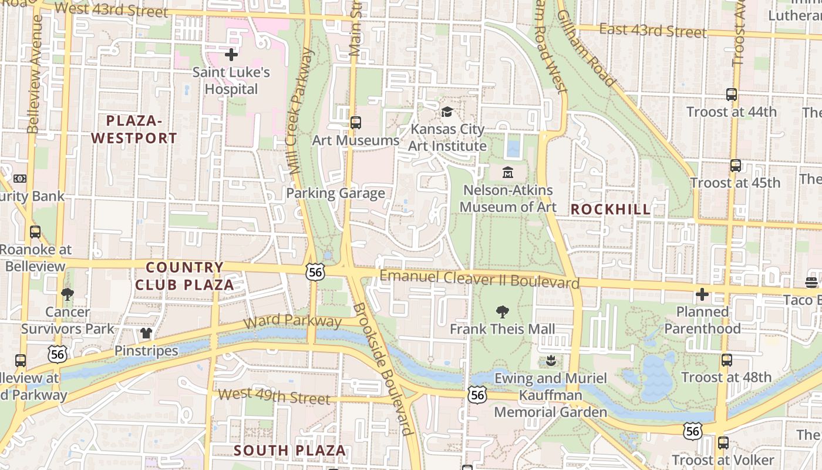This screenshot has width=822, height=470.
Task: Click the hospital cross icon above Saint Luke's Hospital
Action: tap(231, 55)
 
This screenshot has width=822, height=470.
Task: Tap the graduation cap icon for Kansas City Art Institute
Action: tap(447, 112)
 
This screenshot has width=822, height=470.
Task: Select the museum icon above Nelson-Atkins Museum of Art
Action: tap(508, 173)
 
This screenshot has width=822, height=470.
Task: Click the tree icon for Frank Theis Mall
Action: tap(502, 311)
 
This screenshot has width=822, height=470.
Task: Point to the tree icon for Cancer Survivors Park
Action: tap(68, 294)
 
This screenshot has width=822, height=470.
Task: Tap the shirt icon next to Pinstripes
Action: tap(146, 334)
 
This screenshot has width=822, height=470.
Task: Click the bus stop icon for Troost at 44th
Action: tap(732, 94)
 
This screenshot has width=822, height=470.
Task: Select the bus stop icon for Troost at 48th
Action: tap(727, 360)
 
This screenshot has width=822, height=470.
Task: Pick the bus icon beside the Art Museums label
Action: tap(355, 123)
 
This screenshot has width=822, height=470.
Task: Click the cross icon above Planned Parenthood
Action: tap(702, 294)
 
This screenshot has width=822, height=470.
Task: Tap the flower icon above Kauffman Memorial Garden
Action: tap(550, 360)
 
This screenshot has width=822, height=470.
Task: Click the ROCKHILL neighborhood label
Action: tap(611, 209)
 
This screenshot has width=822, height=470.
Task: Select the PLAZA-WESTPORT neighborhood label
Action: tap(134, 129)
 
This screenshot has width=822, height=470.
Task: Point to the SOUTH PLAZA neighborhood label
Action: tap(290, 451)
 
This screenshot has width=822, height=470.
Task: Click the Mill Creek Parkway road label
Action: tap(301, 112)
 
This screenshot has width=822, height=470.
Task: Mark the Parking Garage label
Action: tap(335, 193)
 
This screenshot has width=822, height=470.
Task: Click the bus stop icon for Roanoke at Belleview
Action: tap(35, 231)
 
